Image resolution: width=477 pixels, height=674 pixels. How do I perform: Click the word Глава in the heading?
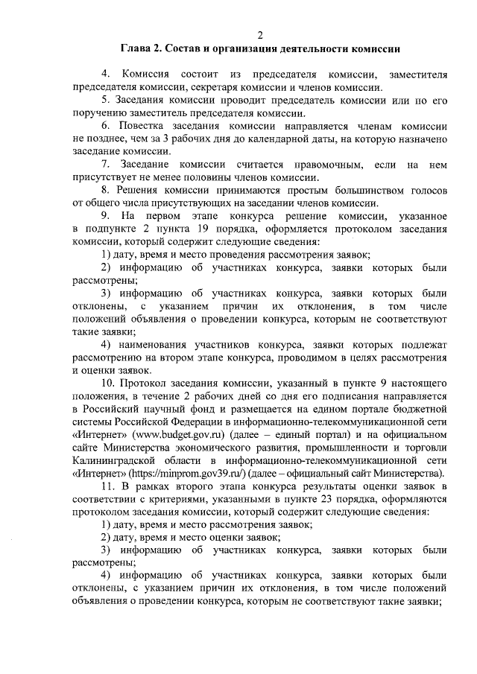pyautogui.click(x=138, y=49)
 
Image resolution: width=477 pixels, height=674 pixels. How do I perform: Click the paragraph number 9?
pyautogui.click(x=105, y=215)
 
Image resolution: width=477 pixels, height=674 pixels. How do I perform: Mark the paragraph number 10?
pyautogui.click(x=107, y=382)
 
